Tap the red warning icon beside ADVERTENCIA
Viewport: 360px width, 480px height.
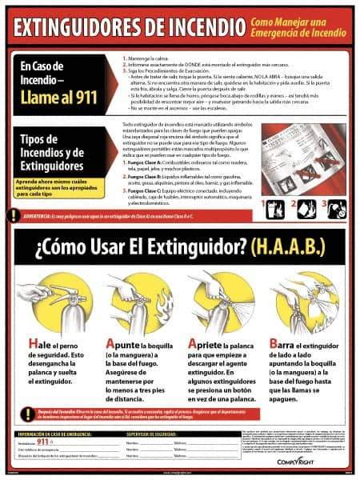(13, 214)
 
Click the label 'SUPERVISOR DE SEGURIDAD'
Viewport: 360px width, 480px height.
(151, 433)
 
